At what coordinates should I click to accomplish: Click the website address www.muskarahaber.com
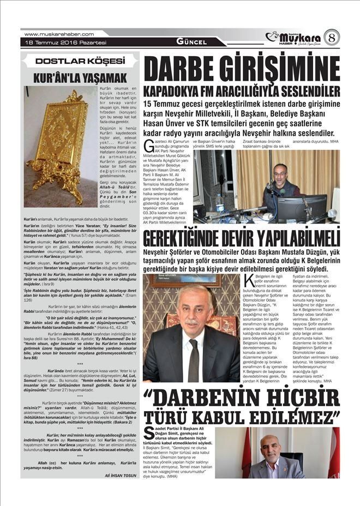56,34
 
